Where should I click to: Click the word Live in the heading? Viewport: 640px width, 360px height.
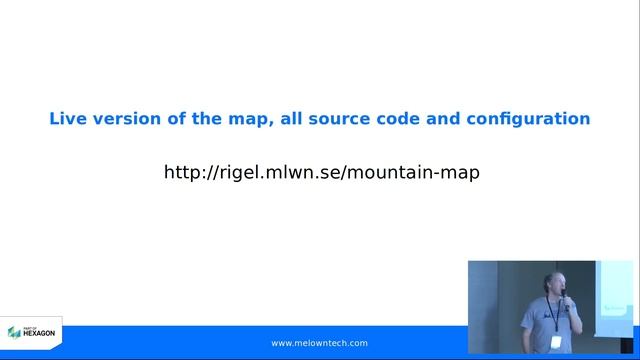coord(68,119)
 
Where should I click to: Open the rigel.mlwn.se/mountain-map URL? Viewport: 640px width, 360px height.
coord(321,172)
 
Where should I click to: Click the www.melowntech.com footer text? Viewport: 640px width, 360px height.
coord(319,343)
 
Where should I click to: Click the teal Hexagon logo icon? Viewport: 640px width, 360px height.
coord(14,332)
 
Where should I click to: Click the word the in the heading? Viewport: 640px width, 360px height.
coord(209,119)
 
